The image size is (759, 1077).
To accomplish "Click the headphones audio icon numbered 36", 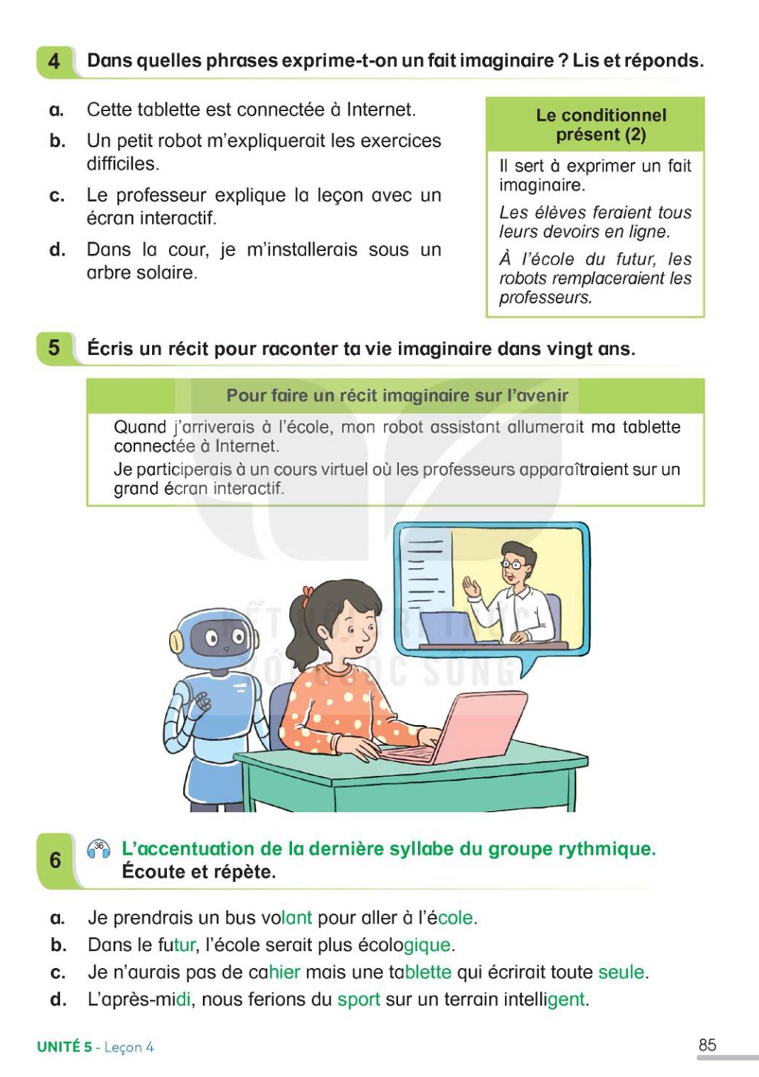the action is click(99, 850).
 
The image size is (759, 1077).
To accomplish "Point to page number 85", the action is click(707, 1044).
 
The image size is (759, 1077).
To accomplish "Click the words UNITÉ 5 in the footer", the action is click(64, 1047).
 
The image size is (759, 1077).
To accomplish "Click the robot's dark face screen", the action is click(224, 638).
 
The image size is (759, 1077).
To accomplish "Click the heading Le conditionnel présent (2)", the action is click(601, 125).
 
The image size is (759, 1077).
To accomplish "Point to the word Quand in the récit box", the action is click(140, 427).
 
